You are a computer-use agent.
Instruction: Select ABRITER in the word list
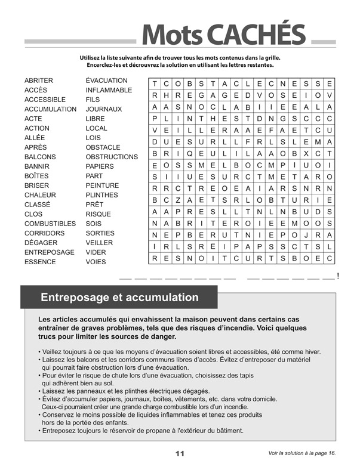(x=39, y=81)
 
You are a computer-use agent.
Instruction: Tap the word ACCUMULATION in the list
(x=50, y=109)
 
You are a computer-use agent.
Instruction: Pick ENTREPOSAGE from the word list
(x=50, y=252)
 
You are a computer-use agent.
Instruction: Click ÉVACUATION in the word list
(x=106, y=81)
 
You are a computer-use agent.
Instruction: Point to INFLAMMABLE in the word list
(x=109, y=90)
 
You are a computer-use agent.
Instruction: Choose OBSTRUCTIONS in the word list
(x=112, y=157)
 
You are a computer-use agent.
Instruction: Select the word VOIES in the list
(x=96, y=262)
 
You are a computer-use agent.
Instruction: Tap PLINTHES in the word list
(x=101, y=195)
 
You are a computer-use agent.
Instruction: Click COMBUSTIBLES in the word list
(x=50, y=224)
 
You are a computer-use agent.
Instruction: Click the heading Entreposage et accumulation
(x=119, y=297)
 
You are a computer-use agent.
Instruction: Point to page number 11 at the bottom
(x=180, y=454)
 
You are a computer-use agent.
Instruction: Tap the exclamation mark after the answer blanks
(x=339, y=276)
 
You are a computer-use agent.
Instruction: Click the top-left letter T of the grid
(x=155, y=84)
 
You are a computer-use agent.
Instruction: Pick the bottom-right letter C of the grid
(x=330, y=259)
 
